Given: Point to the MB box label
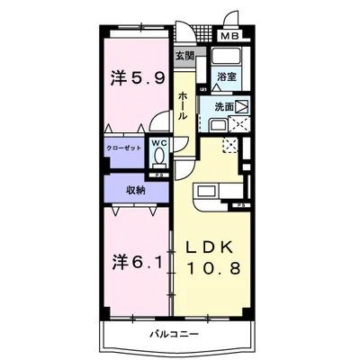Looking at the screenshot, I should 230,37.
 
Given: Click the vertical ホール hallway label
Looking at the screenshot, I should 183,108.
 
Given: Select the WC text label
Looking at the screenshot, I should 160,141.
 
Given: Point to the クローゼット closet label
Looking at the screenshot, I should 126,147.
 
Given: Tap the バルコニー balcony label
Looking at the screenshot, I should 175,334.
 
